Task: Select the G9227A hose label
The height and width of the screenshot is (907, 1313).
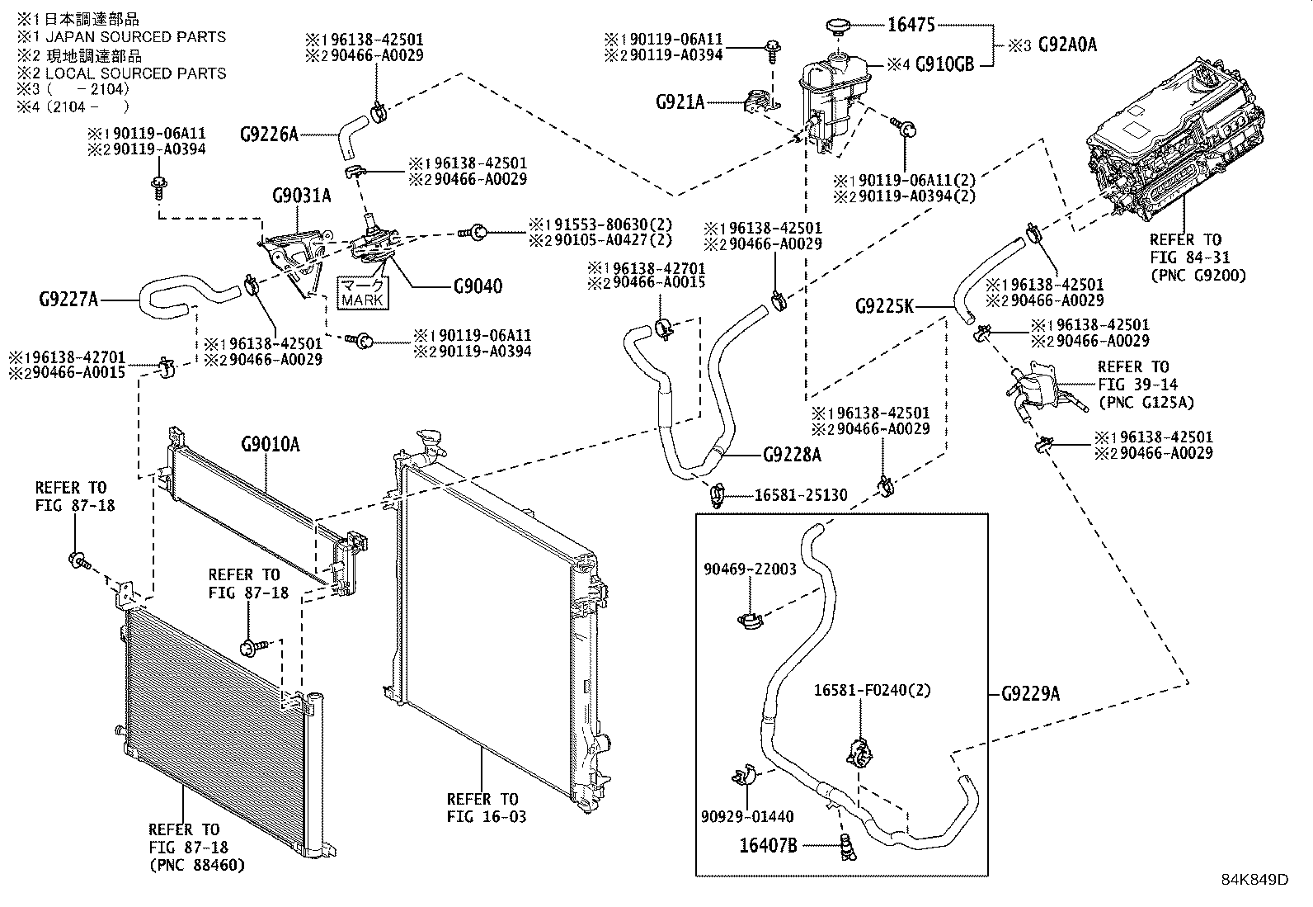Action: [68, 299]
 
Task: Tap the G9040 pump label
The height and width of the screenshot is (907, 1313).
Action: [478, 286]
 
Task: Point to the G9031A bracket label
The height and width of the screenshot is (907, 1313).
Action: [301, 196]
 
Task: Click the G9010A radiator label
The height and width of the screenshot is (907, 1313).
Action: [270, 445]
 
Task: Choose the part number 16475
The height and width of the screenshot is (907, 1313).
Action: [911, 25]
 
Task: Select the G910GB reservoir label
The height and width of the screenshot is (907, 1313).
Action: [944, 64]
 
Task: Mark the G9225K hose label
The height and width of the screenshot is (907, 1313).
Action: [884, 307]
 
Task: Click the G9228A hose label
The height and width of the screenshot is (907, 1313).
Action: [792, 454]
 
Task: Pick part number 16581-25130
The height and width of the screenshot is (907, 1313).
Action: [801, 495]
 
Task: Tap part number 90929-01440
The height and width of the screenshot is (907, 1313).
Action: [747, 816]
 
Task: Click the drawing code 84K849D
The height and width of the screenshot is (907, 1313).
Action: [1254, 879]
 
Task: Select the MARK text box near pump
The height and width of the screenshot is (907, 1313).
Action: [363, 292]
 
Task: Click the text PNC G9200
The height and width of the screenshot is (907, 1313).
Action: [1198, 276]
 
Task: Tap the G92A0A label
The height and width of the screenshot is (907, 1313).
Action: [1067, 44]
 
